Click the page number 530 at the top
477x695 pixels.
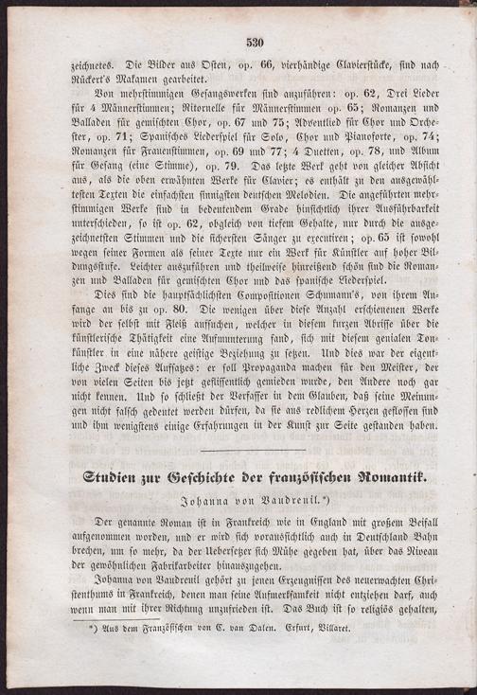253,42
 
